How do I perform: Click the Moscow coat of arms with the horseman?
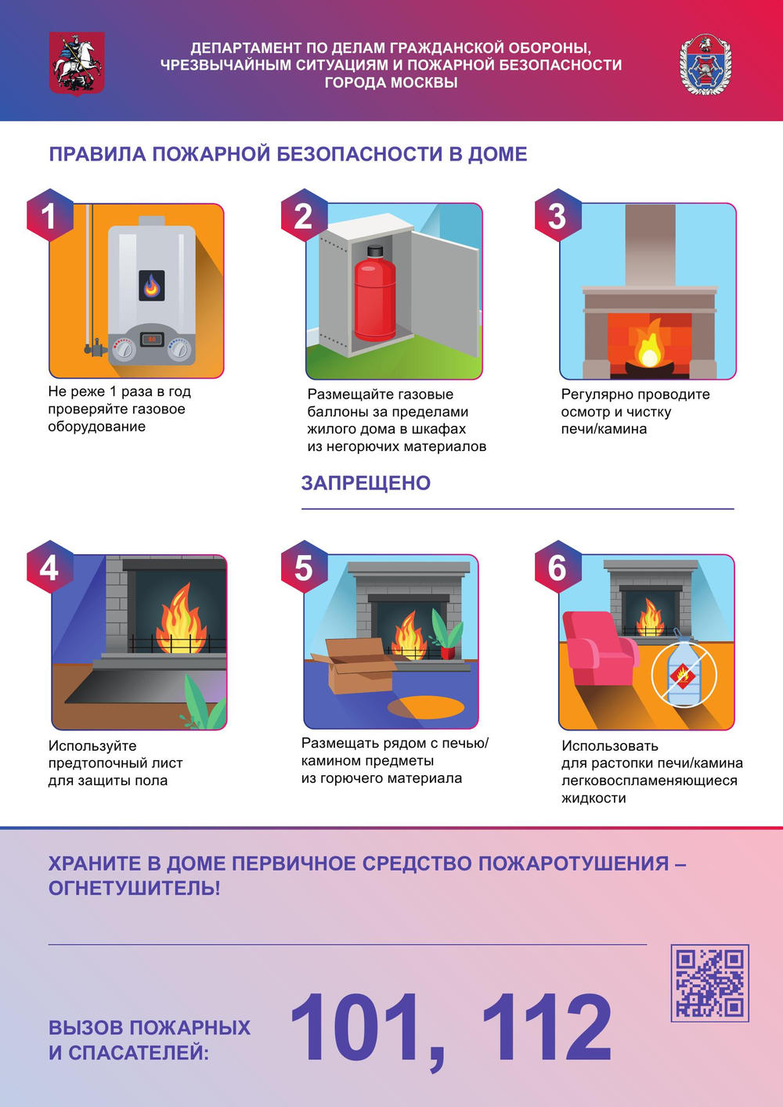77,63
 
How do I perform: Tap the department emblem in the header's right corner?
705,65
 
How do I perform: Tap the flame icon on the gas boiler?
151,285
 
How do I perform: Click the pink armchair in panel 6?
599,648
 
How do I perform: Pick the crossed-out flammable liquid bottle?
684,673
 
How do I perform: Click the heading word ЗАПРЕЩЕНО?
366,483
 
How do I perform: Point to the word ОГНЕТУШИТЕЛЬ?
134,888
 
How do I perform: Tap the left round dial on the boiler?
124,350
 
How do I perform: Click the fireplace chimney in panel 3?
650,245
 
